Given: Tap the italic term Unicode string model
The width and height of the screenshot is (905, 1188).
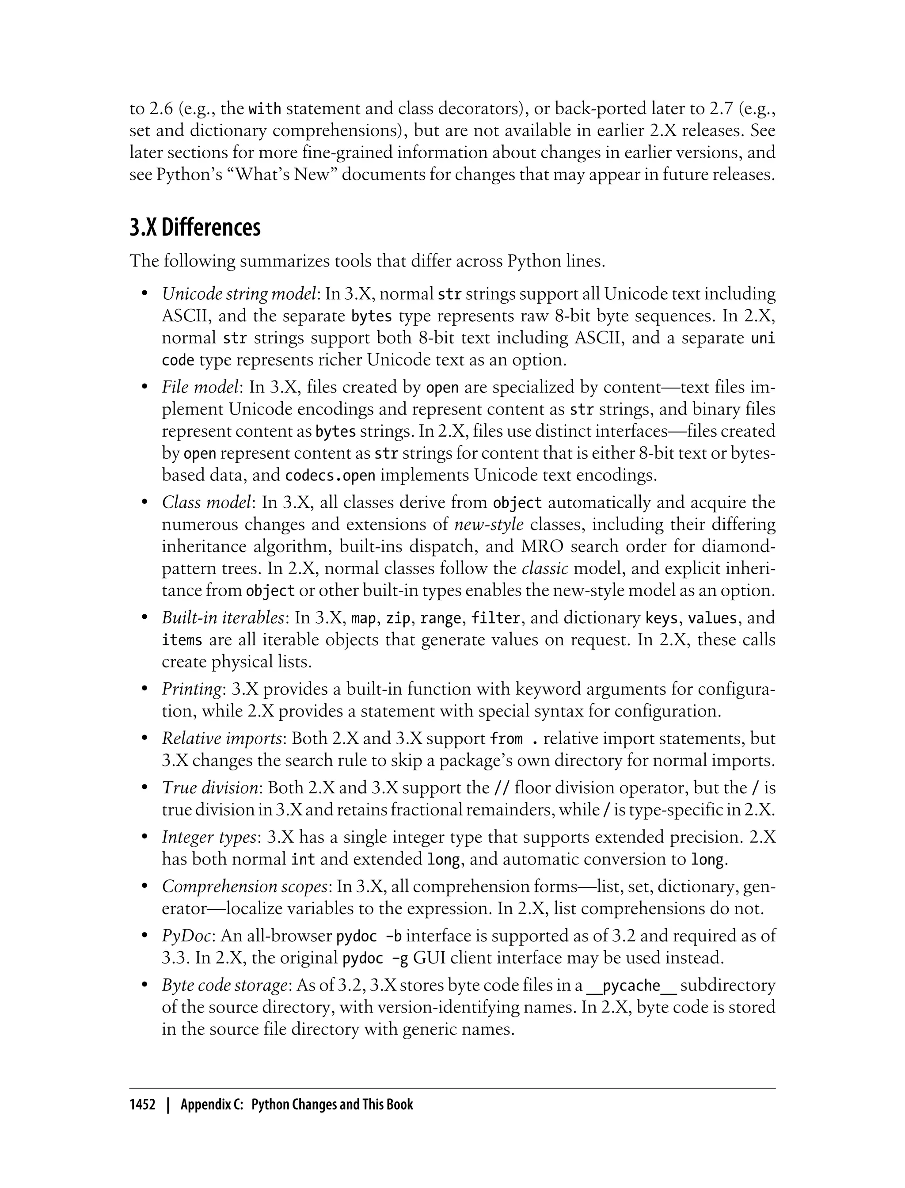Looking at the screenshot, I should [239, 294].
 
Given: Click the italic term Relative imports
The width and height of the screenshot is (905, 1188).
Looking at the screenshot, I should [222, 738].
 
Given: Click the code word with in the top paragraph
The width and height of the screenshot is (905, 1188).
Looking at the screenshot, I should [265, 109].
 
